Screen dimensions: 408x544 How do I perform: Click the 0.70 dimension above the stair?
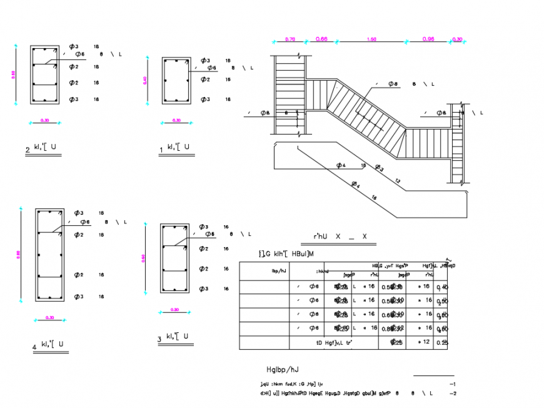click(290, 39)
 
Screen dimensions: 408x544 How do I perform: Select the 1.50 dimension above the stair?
click(372, 39)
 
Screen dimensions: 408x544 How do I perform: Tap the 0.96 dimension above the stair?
click(428, 39)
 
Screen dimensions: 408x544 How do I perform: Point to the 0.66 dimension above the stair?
click(321, 39)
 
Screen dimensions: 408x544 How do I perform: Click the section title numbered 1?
click(176, 148)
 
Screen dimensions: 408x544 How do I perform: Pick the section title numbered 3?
click(176, 339)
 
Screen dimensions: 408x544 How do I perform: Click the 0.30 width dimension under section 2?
click(45, 120)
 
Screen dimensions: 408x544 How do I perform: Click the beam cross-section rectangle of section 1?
click(176, 80)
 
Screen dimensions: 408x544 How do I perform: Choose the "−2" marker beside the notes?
click(453, 393)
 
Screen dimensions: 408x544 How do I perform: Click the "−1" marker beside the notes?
click(453, 384)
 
